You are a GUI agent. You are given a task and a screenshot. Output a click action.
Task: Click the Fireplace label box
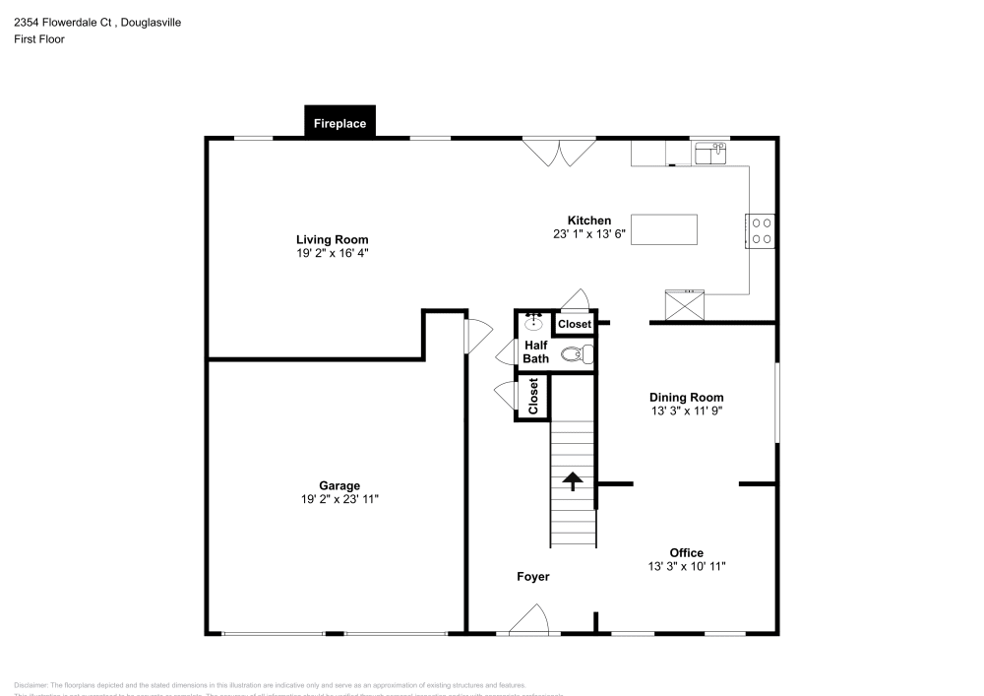tap(339, 123)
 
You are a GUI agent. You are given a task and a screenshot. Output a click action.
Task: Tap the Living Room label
tap(333, 239)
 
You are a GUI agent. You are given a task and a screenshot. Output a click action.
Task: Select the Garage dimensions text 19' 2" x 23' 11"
tap(338, 499)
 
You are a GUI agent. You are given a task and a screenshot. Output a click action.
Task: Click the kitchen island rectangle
tap(663, 229)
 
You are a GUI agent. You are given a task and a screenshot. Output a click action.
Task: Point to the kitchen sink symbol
tap(709, 152)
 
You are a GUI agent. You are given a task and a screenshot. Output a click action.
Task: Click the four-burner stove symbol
tap(761, 230)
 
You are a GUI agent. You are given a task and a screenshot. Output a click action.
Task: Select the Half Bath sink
tap(534, 321)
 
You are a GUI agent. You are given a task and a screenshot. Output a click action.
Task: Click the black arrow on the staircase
tap(572, 479)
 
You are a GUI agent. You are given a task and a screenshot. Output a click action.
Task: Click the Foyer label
tap(533, 576)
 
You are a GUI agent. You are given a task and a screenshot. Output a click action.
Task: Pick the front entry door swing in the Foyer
tap(532, 620)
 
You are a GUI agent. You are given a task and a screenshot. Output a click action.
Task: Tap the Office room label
tap(686, 552)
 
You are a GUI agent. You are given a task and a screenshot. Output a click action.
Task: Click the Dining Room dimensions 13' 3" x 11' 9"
tap(686, 411)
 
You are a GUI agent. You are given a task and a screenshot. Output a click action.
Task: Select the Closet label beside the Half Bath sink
tap(575, 324)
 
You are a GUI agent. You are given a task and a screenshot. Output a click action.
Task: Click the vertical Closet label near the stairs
tap(533, 396)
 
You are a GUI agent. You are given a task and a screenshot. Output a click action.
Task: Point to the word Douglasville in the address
tap(149, 22)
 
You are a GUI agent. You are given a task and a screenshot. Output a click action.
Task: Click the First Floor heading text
tap(39, 39)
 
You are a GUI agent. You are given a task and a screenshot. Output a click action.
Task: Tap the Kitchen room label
tap(588, 221)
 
